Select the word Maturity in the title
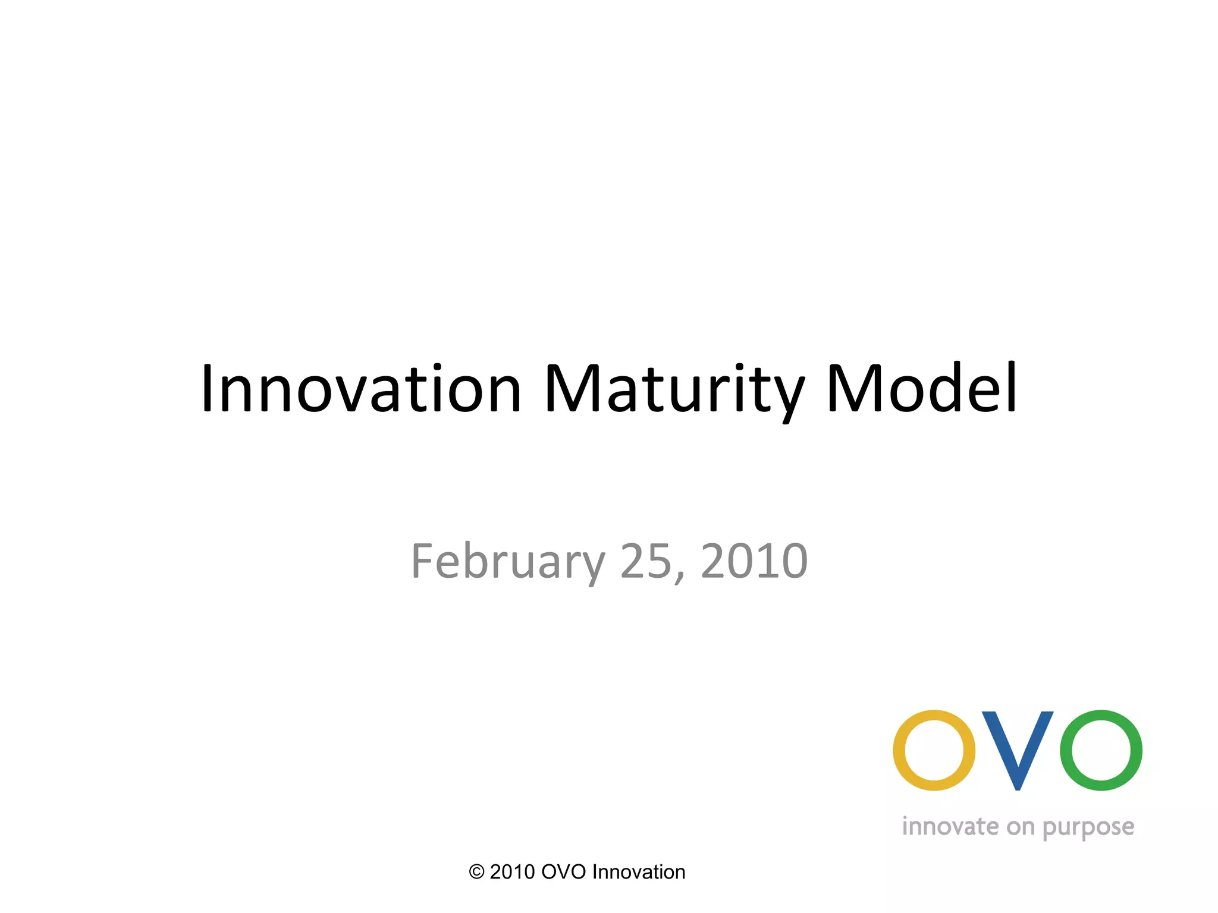click(x=674, y=389)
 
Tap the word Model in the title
click(x=922, y=389)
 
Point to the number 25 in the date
click(x=646, y=562)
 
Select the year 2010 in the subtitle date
click(x=754, y=562)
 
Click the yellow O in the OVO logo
click(x=934, y=750)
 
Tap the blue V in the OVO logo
click(x=1018, y=750)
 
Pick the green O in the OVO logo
click(x=1101, y=750)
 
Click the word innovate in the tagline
click(x=950, y=827)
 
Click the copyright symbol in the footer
click(x=476, y=872)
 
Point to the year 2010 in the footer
click(x=512, y=872)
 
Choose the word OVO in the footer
click(x=563, y=872)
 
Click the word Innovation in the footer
click(x=639, y=872)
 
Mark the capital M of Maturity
click(x=573, y=389)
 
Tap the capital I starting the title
click(x=207, y=389)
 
